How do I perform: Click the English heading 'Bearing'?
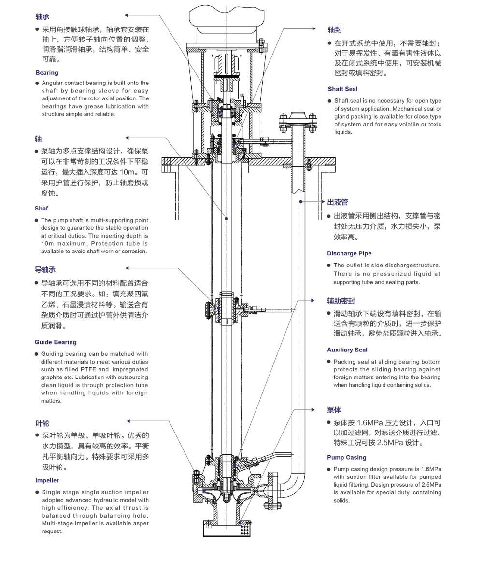46,73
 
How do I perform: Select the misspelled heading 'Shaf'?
41,209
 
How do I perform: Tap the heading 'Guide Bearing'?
56,342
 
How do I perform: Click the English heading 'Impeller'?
47,480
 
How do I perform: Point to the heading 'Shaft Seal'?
342,89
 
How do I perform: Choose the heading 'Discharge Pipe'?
349,253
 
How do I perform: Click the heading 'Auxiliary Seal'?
347,350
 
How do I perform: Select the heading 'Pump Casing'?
346,457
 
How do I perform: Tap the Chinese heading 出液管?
338,202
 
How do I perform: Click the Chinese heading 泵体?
334,410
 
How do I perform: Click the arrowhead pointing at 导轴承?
128,268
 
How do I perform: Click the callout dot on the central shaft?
227,219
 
